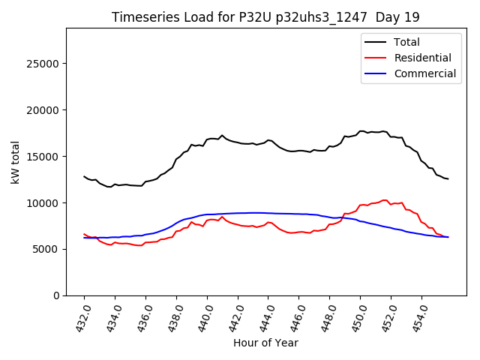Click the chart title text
pyautogui.click(x=265, y=17)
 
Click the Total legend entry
pyautogui.click(x=406, y=42)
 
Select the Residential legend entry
pyautogui.click(x=422, y=58)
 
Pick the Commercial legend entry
pyautogui.click(x=424, y=73)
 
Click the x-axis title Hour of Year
pyautogui.click(x=265, y=343)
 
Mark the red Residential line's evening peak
pyautogui.click(x=385, y=200)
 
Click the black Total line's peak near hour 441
pyautogui.click(x=222, y=135)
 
